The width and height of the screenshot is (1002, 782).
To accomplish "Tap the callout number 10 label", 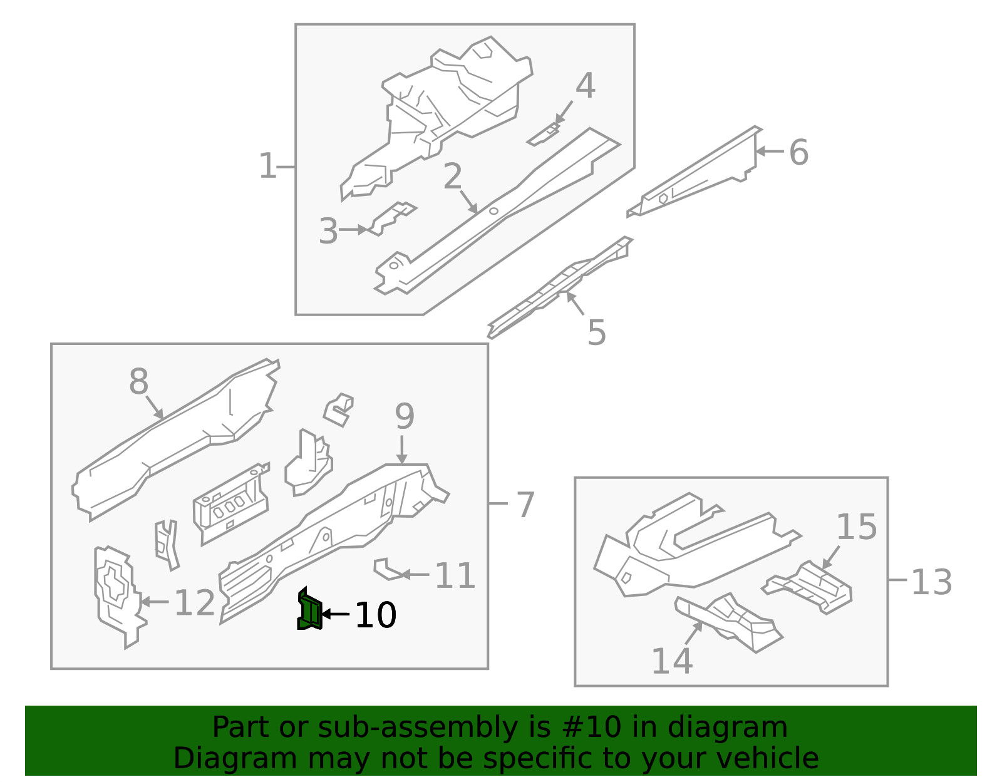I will (375, 615).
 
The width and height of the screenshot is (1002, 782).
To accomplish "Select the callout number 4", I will (585, 86).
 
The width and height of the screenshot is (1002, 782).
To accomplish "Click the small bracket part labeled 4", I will (544, 135).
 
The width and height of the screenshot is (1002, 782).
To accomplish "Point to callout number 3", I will (328, 231).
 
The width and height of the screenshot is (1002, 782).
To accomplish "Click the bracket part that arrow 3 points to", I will (392, 217).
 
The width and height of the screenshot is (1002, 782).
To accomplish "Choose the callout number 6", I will (798, 152).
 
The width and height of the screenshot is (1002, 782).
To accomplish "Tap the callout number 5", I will (596, 332).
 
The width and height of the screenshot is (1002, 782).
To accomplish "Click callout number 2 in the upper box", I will (452, 177).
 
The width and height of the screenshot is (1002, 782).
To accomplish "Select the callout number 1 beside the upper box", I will (267, 167).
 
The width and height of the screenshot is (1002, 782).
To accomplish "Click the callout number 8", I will (138, 381).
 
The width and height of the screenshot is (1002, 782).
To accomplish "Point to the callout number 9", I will (405, 416).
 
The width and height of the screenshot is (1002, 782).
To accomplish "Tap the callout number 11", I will (455, 575).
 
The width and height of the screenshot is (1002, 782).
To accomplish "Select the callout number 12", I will (194, 603).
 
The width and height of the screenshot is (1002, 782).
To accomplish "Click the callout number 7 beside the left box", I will (525, 505).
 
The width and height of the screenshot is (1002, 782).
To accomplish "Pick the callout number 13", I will (931, 582).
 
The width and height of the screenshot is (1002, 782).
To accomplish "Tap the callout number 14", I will (671, 661).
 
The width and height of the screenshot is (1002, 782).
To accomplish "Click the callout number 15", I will (856, 527).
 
